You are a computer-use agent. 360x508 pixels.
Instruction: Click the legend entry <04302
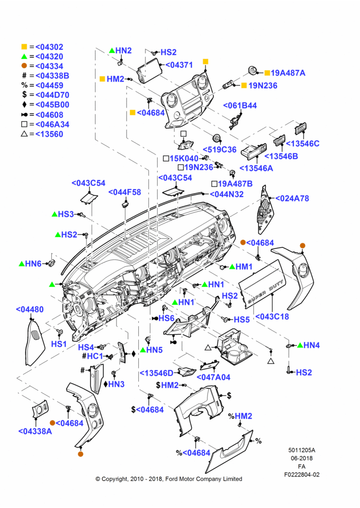tap(49, 47)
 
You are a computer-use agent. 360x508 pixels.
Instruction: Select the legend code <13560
tap(49, 134)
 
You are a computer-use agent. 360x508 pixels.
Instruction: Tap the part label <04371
tap(179, 65)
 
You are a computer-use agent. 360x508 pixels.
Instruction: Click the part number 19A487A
tap(288, 73)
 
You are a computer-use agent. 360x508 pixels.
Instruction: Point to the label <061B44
tap(239, 106)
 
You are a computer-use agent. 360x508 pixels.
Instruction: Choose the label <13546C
tap(303, 144)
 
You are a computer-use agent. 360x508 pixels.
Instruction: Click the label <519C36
tap(220, 149)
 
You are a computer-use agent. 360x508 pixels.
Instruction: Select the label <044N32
tap(227, 195)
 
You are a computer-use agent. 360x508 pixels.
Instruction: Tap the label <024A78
tap(292, 198)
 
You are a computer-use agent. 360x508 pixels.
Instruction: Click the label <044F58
tap(125, 192)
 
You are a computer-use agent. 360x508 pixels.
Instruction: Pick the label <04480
tap(29, 309)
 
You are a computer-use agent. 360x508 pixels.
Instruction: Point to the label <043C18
tap(272, 316)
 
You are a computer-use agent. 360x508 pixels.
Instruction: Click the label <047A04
tap(214, 377)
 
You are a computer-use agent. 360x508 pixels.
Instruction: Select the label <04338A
tap(35, 431)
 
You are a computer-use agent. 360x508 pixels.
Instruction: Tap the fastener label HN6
tap(34, 264)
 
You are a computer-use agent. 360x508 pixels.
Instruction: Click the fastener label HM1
tap(244, 267)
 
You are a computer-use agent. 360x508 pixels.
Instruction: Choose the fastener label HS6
tap(166, 318)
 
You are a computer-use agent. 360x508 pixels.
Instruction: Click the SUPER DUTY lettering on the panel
tap(265, 292)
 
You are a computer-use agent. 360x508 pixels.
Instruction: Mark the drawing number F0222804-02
tap(302, 474)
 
